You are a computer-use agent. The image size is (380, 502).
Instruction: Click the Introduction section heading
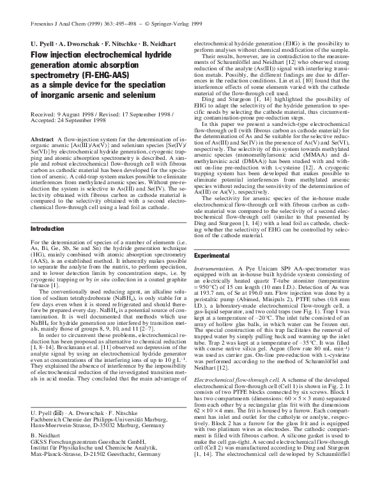34,228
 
